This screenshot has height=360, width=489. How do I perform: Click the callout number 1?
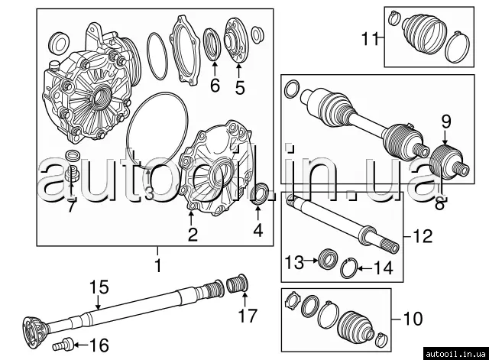158,268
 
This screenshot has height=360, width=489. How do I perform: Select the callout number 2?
193,235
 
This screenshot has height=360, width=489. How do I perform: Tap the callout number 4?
257,230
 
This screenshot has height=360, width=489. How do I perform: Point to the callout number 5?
240,87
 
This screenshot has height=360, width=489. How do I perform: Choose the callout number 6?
215,86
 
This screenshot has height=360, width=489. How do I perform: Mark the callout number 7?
71,207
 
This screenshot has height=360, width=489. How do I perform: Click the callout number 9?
446,120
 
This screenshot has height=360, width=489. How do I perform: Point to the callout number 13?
294,263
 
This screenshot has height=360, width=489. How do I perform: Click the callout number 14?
384,268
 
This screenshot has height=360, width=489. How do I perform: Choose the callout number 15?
96,288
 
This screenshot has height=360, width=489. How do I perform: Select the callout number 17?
247,314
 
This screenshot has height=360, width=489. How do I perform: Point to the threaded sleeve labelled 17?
238,286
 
